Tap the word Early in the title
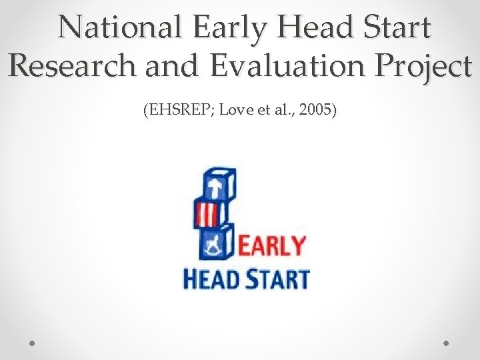click(221, 28)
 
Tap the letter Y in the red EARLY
click(297, 247)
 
